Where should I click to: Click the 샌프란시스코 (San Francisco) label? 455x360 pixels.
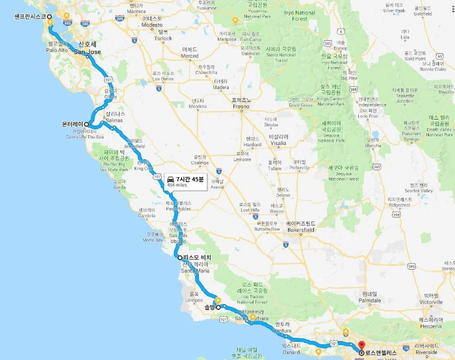24,19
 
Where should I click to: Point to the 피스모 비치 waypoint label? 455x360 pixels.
197,258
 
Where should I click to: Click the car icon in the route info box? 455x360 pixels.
169,179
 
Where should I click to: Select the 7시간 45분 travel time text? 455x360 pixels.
190,179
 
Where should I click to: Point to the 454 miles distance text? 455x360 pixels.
179,185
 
